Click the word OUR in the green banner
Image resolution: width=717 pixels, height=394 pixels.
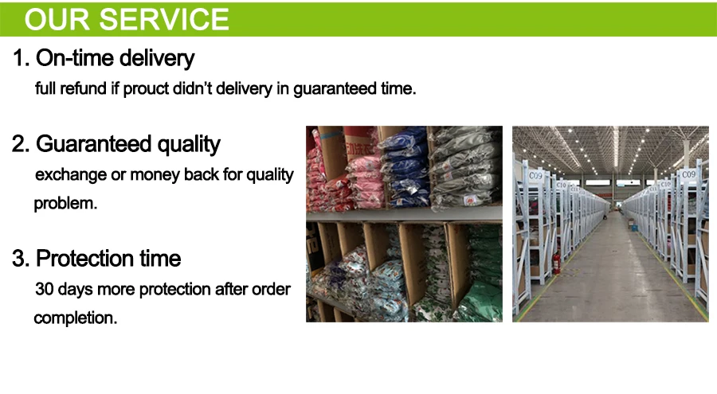coord(57,19)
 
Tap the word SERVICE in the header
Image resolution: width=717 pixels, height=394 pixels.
coord(164,19)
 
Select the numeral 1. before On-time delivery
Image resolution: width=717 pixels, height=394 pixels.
coord(21,58)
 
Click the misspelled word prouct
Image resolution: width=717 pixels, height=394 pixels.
coord(146,89)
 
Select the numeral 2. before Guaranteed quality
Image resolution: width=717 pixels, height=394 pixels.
coord(21,144)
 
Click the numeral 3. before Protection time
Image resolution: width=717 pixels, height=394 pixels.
coord(21,258)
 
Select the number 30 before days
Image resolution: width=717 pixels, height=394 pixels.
coord(45,289)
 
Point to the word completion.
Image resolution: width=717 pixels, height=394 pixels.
coord(76,318)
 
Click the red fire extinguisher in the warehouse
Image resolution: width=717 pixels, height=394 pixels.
coord(557,263)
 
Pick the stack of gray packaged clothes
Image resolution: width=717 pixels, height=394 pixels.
coord(465,168)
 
